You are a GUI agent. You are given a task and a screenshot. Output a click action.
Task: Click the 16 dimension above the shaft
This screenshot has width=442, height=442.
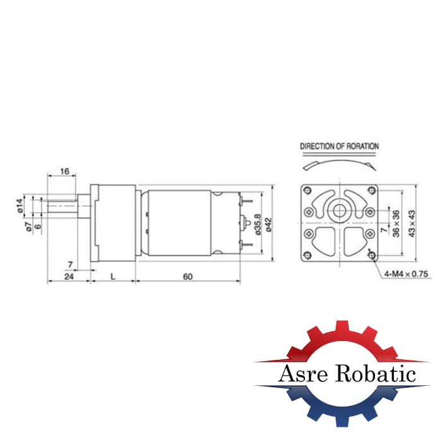pyautogui.click(x=64, y=171)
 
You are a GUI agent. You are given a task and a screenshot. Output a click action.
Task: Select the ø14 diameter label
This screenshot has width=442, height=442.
pyautogui.click(x=20, y=205)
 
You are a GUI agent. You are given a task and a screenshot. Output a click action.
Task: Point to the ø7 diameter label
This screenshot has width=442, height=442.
pyautogui.click(x=28, y=227)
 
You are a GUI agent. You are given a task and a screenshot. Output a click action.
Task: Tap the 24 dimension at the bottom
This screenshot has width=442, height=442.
pyautogui.click(x=69, y=277)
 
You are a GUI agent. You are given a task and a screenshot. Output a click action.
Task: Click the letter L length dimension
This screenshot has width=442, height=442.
pyautogui.click(x=113, y=277)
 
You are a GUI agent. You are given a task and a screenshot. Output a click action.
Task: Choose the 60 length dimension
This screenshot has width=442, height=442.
pyautogui.click(x=188, y=277)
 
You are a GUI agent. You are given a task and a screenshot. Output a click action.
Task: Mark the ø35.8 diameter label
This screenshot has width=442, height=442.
pyautogui.click(x=258, y=224)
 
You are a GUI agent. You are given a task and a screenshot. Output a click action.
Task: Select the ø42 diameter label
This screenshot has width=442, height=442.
pyautogui.click(x=268, y=225)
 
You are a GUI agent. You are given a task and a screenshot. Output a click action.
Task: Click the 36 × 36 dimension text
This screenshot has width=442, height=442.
pyautogui.click(x=396, y=224)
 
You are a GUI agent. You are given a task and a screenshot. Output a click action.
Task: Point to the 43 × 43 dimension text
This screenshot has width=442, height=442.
pyautogui.click(x=412, y=224)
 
